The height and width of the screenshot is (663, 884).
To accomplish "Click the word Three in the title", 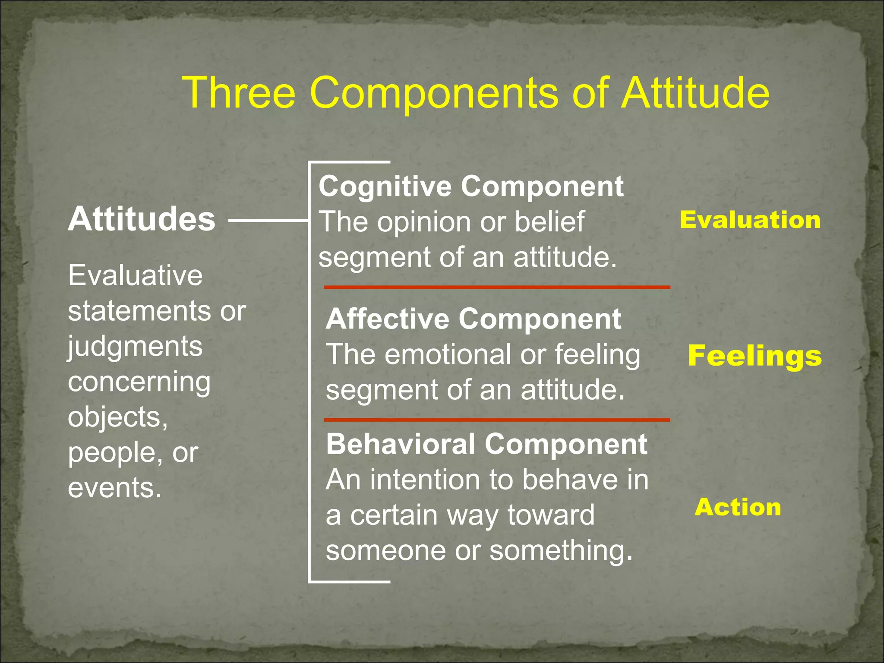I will pyautogui.click(x=239, y=93).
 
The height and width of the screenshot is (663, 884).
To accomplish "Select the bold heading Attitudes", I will pyautogui.click(x=141, y=219).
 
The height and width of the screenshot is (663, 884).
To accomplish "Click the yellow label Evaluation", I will pyautogui.click(x=750, y=220).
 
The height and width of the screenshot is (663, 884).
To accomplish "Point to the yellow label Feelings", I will pyautogui.click(x=755, y=356).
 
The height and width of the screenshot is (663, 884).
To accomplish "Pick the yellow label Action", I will pyautogui.click(x=738, y=507).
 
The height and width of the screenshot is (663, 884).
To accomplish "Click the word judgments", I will pyautogui.click(x=135, y=347).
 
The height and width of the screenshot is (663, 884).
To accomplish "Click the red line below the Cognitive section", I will pyautogui.click(x=496, y=287).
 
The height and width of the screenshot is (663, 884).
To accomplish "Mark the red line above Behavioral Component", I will pyautogui.click(x=496, y=420).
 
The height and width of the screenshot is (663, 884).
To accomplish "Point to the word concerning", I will pyautogui.click(x=139, y=382).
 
